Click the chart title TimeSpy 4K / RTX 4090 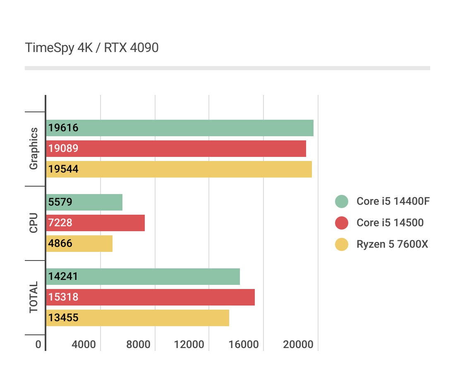(92, 48)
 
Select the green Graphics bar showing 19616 (180, 128)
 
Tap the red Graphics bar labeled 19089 (176, 149)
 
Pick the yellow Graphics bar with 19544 (179, 169)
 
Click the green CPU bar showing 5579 (84, 202)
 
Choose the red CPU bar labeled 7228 (95, 223)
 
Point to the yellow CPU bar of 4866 (79, 244)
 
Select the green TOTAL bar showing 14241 (143, 277)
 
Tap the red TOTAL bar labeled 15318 (150, 297)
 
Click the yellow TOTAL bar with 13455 (137, 318)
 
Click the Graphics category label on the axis (34, 149)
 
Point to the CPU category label (34, 223)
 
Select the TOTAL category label (34, 297)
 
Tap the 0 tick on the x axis (38, 345)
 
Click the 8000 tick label (139, 345)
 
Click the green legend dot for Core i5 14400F (342, 201)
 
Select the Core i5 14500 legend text (390, 223)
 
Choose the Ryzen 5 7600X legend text (392, 244)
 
